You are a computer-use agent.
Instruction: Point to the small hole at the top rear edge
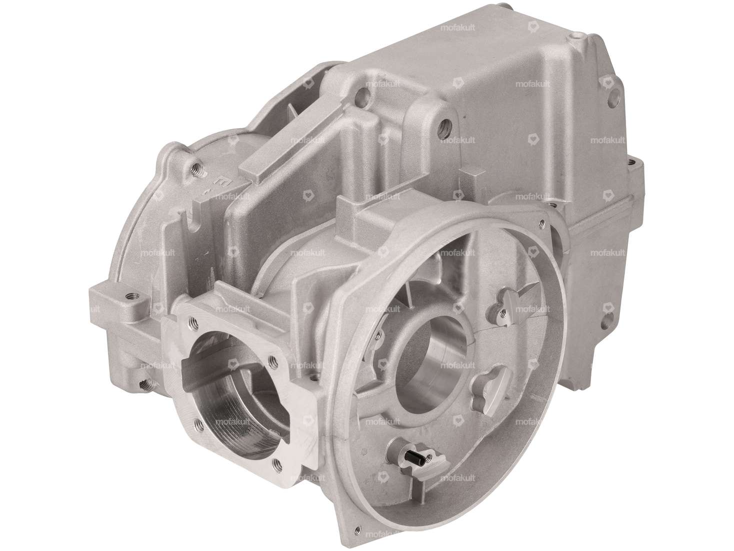point(579,36)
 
